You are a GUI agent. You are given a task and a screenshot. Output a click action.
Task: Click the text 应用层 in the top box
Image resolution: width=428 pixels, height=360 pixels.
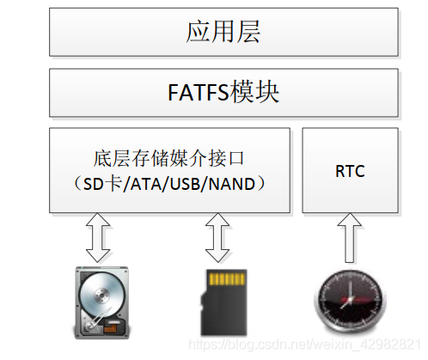click(x=223, y=32)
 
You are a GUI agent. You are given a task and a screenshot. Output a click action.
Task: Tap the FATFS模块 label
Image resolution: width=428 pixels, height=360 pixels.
click(x=223, y=92)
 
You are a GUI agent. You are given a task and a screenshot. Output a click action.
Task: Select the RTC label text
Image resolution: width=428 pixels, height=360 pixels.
click(x=350, y=171)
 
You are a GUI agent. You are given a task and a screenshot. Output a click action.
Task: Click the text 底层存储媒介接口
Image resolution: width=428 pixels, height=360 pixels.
click(x=168, y=159)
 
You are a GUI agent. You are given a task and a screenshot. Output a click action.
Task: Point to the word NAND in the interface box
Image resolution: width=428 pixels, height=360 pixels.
click(x=231, y=184)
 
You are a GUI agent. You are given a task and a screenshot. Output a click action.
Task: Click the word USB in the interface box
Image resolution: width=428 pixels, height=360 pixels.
click(x=186, y=184)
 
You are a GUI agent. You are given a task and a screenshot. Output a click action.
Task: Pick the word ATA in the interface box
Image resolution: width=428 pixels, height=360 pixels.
click(x=146, y=184)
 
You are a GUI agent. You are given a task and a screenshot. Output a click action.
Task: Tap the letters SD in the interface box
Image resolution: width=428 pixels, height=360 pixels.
click(x=93, y=184)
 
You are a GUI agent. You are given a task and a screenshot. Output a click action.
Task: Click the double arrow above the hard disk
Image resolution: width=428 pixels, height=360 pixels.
click(x=98, y=238)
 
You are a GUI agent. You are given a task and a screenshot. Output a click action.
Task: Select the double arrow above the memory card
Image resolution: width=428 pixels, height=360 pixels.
click(x=217, y=238)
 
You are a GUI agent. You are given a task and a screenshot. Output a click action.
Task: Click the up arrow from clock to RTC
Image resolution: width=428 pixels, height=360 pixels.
click(x=349, y=238)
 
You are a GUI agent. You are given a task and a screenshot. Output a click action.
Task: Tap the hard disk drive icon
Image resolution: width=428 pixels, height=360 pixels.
click(x=101, y=302)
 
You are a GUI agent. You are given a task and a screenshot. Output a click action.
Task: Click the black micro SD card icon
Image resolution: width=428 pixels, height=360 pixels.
click(x=223, y=302)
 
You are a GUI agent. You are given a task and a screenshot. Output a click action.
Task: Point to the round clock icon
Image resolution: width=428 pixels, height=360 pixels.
click(x=350, y=302)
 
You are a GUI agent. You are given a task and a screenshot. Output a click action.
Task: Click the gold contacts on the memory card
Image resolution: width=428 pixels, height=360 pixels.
click(x=227, y=279)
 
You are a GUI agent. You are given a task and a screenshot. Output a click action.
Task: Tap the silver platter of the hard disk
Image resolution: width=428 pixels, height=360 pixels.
click(x=101, y=294)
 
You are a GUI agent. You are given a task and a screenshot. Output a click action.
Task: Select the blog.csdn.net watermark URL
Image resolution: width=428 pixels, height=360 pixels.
click(x=305, y=344)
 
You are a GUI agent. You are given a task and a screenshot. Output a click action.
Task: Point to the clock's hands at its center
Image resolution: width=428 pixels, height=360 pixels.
click(x=348, y=298)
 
